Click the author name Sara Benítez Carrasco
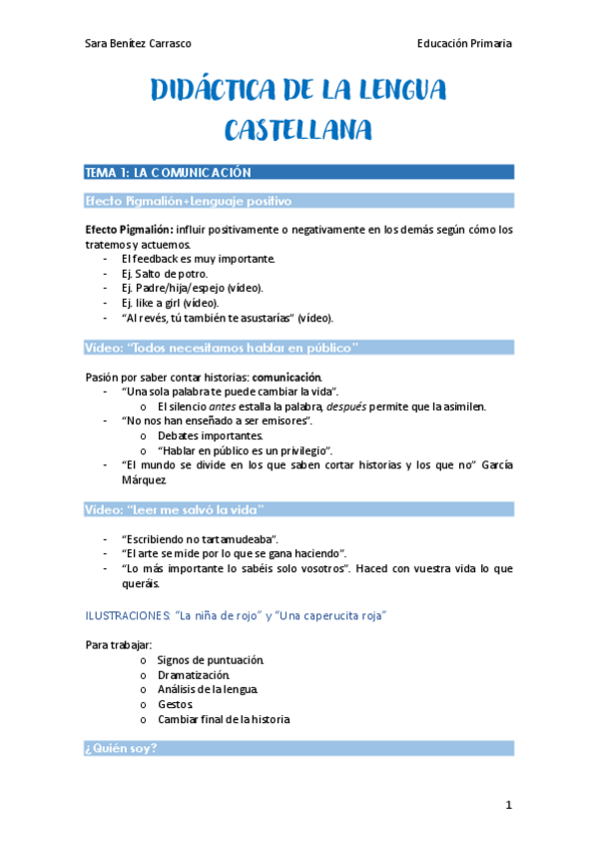point(139,43)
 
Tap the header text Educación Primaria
point(465,43)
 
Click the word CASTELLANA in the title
point(299,130)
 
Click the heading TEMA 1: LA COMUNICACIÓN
point(168,173)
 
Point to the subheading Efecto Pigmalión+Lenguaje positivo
point(189,201)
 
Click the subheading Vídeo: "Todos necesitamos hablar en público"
point(222,348)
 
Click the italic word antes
point(223,407)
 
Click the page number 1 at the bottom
point(508,806)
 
